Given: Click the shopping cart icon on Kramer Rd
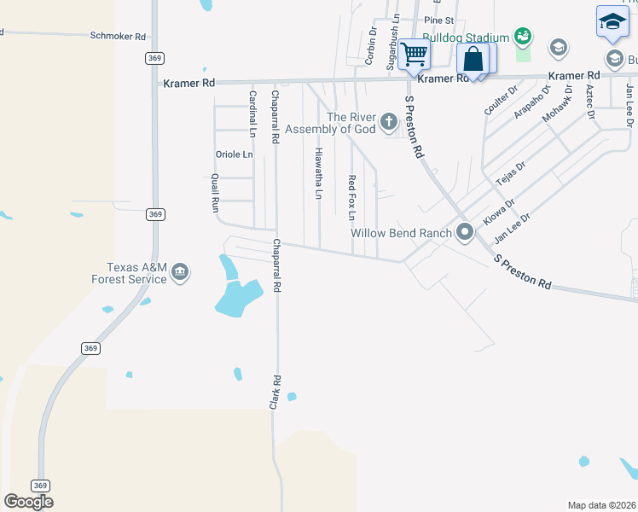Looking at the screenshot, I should (x=415, y=54).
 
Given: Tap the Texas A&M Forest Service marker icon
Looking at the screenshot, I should (x=180, y=272).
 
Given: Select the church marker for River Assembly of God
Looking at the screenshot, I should (x=389, y=121).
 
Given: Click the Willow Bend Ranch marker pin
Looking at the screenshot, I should (x=465, y=232).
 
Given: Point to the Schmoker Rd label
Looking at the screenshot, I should (x=119, y=37).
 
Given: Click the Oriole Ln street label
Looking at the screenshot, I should (x=235, y=154).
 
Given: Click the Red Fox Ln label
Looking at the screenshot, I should (x=351, y=194).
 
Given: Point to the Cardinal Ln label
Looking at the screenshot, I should (x=252, y=114).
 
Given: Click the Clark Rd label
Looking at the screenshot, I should (x=275, y=391).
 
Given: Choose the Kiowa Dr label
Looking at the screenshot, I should (x=499, y=212).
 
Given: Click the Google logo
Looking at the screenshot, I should (x=28, y=502).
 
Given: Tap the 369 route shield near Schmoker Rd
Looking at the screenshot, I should (x=154, y=58).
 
